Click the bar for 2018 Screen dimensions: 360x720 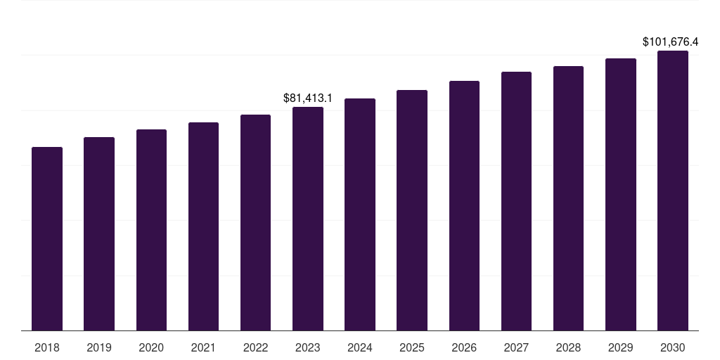pyautogui.click(x=47, y=239)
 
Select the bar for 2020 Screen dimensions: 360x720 pyautogui.click(x=151, y=230)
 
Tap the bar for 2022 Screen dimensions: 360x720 pyautogui.click(x=255, y=222)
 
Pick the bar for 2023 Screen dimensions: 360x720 pyautogui.click(x=308, y=219)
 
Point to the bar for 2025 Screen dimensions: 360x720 pyautogui.click(x=412, y=210)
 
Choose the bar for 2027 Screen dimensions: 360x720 pyautogui.click(x=516, y=201)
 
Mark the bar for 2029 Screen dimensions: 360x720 pyautogui.click(x=621, y=194)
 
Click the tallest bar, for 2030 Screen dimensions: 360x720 pyautogui.click(x=673, y=191)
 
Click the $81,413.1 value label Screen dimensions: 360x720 pyautogui.click(x=308, y=98)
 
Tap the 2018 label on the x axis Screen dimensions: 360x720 pyautogui.click(x=47, y=347)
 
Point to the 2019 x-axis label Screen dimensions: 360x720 pyautogui.click(x=99, y=347)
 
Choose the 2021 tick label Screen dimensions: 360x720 pyautogui.click(x=203, y=347)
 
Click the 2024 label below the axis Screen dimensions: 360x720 pyautogui.click(x=360, y=347)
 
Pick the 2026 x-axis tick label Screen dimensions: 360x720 pyautogui.click(x=464, y=347)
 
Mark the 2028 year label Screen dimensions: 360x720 pyautogui.click(x=568, y=347)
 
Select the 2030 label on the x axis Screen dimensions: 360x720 pyautogui.click(x=673, y=347)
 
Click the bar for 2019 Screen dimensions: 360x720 pyautogui.click(x=99, y=234)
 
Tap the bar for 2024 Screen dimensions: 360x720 pyautogui.click(x=360, y=214)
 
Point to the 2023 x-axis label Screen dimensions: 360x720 pyautogui.click(x=308, y=347)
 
